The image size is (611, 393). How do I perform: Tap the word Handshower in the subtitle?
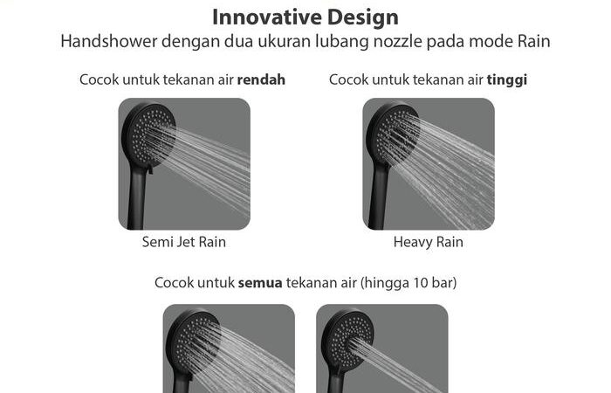(x=109, y=41)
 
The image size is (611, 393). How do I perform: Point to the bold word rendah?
(x=261, y=79)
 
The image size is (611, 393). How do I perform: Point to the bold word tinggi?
(x=507, y=80)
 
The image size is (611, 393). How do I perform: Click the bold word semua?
(x=260, y=283)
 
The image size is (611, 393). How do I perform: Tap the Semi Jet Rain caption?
(x=184, y=242)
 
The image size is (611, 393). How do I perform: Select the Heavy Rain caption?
(x=429, y=242)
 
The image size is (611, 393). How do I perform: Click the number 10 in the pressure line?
(x=421, y=283)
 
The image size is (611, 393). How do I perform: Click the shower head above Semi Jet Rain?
(x=148, y=134)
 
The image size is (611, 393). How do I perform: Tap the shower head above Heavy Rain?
(x=393, y=134)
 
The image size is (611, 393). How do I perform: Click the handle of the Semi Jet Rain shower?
(x=137, y=196)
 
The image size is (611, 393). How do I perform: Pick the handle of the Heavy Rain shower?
(x=380, y=196)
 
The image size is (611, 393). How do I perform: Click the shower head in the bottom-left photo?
(x=193, y=342)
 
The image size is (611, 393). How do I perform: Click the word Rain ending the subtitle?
(x=534, y=41)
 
